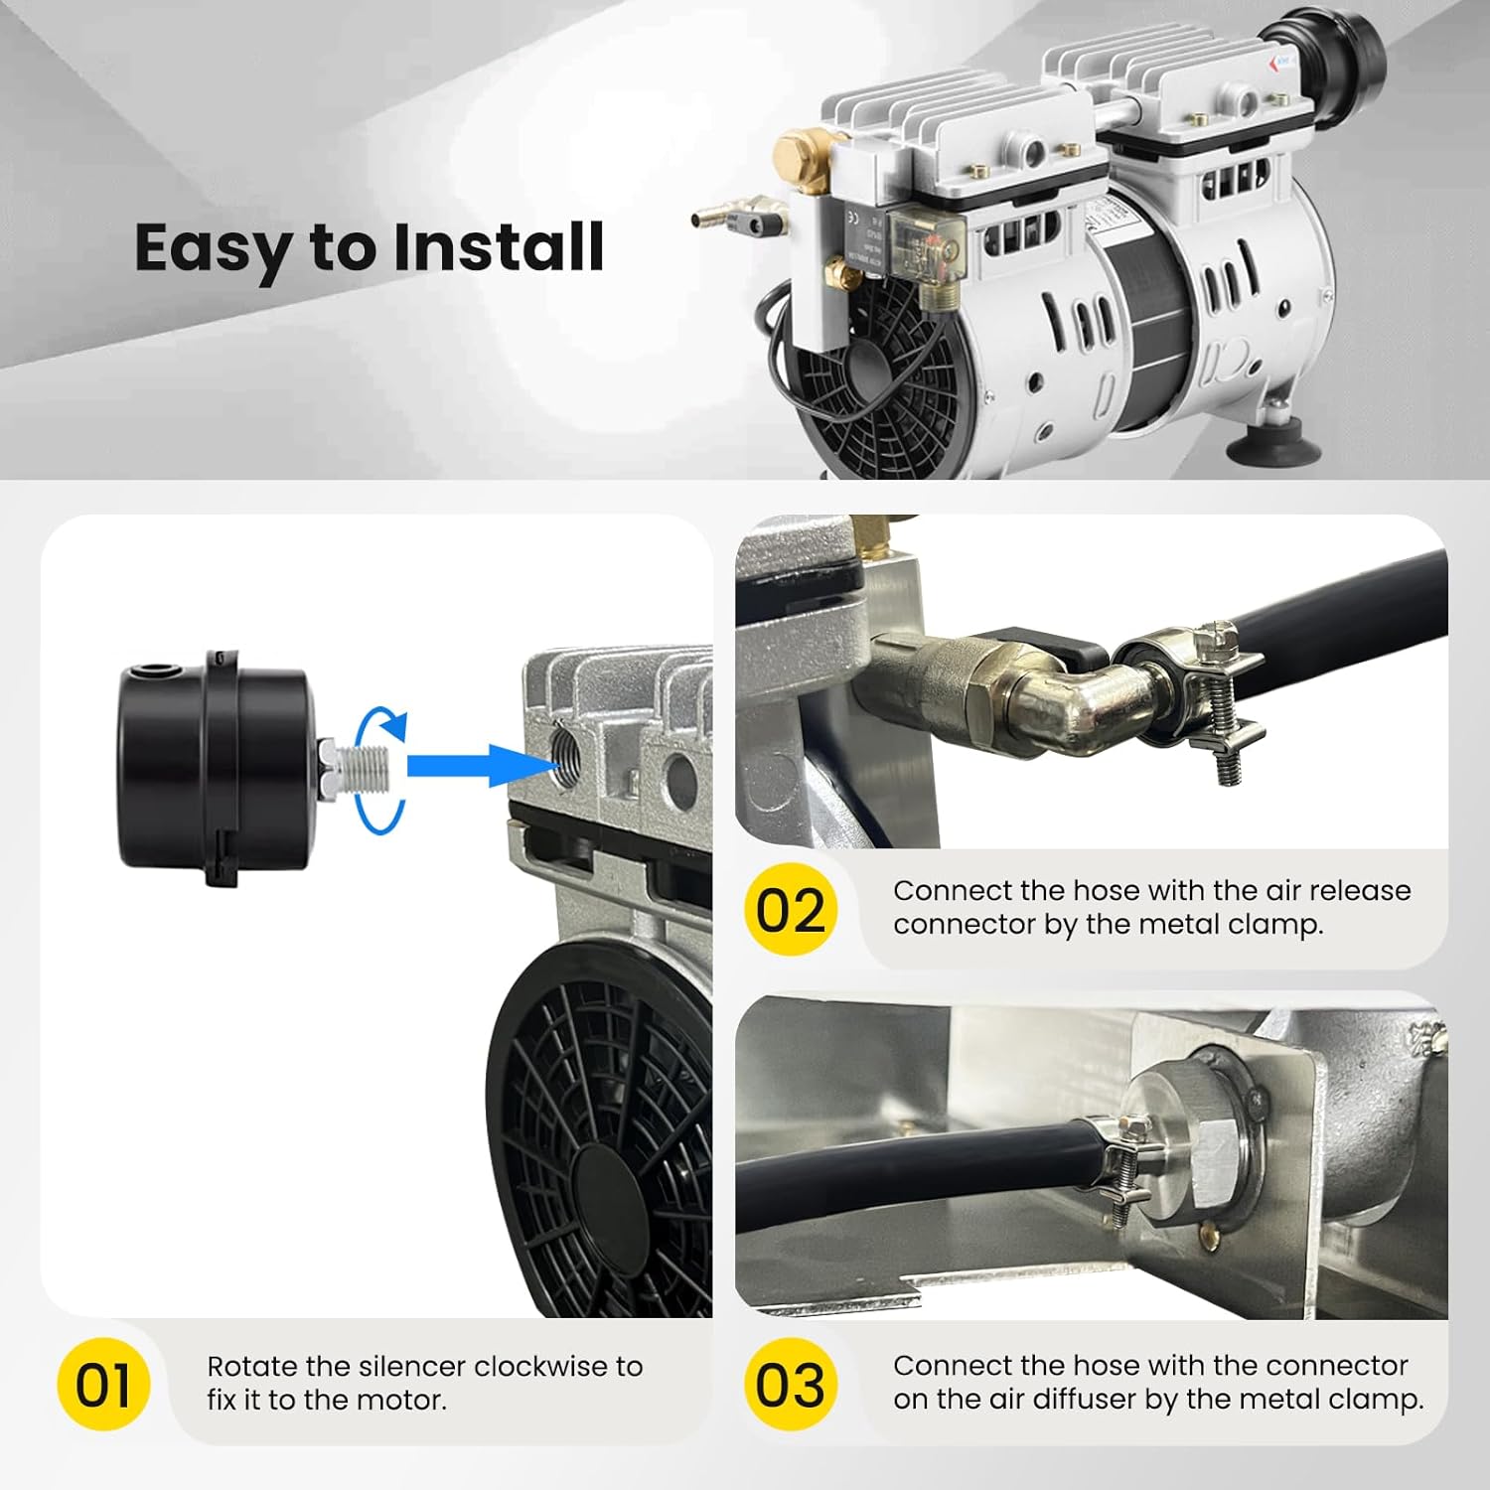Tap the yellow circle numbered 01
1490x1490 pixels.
[x=103, y=1385]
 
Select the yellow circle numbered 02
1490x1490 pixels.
[x=791, y=909]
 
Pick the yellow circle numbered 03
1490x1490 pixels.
[x=791, y=1384]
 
